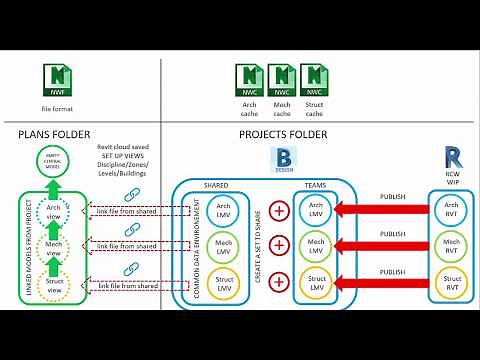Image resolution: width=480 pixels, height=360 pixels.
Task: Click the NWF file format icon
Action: click(x=59, y=78)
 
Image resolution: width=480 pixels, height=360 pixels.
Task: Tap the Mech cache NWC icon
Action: click(x=283, y=79)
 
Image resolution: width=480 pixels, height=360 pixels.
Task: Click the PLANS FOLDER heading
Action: click(x=56, y=132)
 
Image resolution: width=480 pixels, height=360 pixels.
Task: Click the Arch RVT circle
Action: click(x=451, y=208)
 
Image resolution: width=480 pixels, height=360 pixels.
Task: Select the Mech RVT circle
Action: click(x=451, y=244)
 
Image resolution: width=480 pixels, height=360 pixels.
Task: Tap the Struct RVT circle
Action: click(x=451, y=281)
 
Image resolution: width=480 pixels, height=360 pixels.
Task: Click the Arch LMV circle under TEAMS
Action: click(x=316, y=209)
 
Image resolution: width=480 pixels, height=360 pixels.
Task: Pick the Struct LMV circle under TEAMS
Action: click(x=316, y=281)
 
